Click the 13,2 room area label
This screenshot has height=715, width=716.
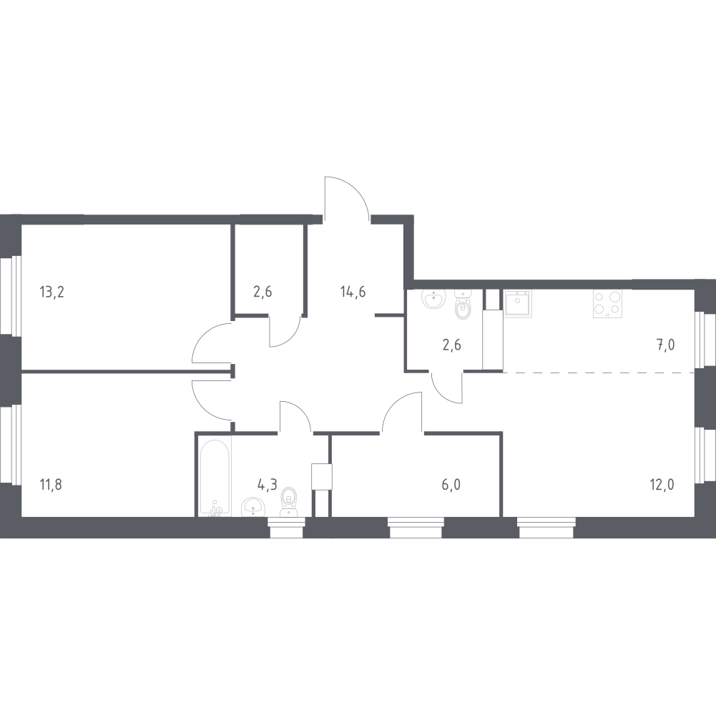tap(52, 291)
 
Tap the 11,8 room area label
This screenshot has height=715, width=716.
tap(52, 485)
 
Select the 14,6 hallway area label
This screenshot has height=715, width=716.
tap(353, 291)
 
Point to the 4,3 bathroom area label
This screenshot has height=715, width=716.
tap(267, 485)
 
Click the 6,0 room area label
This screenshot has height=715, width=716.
tap(451, 485)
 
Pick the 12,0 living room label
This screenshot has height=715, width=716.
tap(662, 485)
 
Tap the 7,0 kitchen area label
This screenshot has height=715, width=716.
tap(666, 345)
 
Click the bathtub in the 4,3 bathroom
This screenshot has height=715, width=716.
tap(215, 478)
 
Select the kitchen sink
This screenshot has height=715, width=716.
tap(518, 304)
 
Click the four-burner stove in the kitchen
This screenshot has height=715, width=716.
tap(607, 304)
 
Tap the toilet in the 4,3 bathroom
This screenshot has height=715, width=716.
tap(288, 502)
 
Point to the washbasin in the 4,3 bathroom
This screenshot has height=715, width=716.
tap(253, 507)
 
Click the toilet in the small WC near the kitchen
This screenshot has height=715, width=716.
tap(464, 305)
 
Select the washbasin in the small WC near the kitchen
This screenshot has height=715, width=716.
tap(433, 299)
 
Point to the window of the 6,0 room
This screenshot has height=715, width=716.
tap(416, 528)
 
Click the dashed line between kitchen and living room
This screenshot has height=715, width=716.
tap(599, 373)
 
